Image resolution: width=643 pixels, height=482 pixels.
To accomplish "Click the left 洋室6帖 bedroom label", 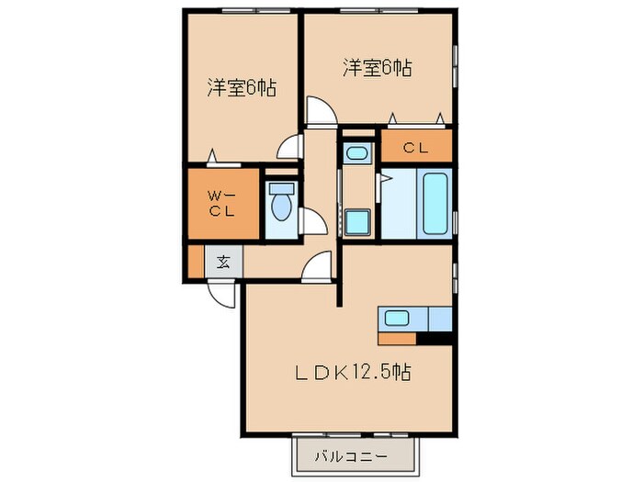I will (242, 89).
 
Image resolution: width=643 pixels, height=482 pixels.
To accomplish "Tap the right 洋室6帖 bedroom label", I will (378, 67).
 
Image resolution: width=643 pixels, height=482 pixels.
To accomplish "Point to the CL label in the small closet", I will (416, 147).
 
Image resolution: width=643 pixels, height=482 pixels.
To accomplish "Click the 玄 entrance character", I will (223, 262).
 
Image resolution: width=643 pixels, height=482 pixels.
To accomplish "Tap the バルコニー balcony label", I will (349, 455).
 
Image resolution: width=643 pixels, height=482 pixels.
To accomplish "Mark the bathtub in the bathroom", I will (434, 203).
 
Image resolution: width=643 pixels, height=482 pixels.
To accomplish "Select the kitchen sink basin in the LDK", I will (397, 319).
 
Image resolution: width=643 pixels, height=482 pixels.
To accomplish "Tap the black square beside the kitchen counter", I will (441, 338).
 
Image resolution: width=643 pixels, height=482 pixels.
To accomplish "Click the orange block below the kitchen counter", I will (403, 338).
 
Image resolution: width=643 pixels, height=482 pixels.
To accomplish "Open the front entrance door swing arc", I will (221, 294).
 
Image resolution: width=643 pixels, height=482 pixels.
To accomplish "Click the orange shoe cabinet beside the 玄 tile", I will (195, 262).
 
